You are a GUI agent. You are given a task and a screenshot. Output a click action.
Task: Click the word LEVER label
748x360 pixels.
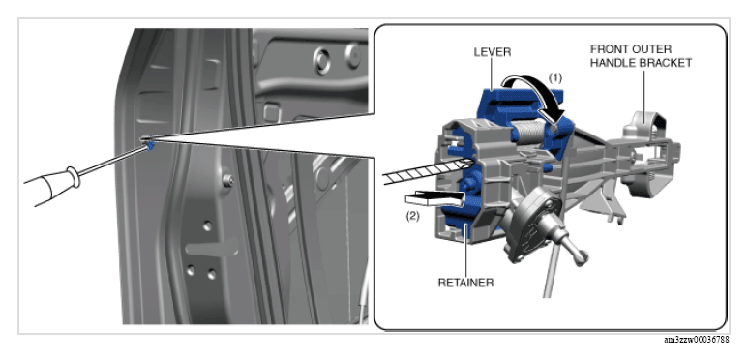point(493,52)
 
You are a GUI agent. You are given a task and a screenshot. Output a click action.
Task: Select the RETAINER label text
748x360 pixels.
point(465,283)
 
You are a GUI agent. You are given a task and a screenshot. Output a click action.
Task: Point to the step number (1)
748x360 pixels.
point(554,77)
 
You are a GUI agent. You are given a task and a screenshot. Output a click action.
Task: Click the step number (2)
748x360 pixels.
point(412,216)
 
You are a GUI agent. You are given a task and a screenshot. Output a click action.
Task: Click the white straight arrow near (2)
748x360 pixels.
point(434,198)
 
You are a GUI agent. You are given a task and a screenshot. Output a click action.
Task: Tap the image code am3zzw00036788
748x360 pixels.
point(697,340)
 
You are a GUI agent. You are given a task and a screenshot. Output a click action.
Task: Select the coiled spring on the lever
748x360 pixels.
point(528,131)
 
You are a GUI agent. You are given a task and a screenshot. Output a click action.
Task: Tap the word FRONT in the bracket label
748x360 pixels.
point(608,49)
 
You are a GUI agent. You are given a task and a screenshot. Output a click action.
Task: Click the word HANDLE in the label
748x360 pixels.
point(612,63)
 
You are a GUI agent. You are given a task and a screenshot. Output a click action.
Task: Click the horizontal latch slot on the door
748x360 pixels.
point(212,247)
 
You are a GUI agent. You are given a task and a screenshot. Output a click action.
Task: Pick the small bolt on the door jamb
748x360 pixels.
point(229,180)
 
